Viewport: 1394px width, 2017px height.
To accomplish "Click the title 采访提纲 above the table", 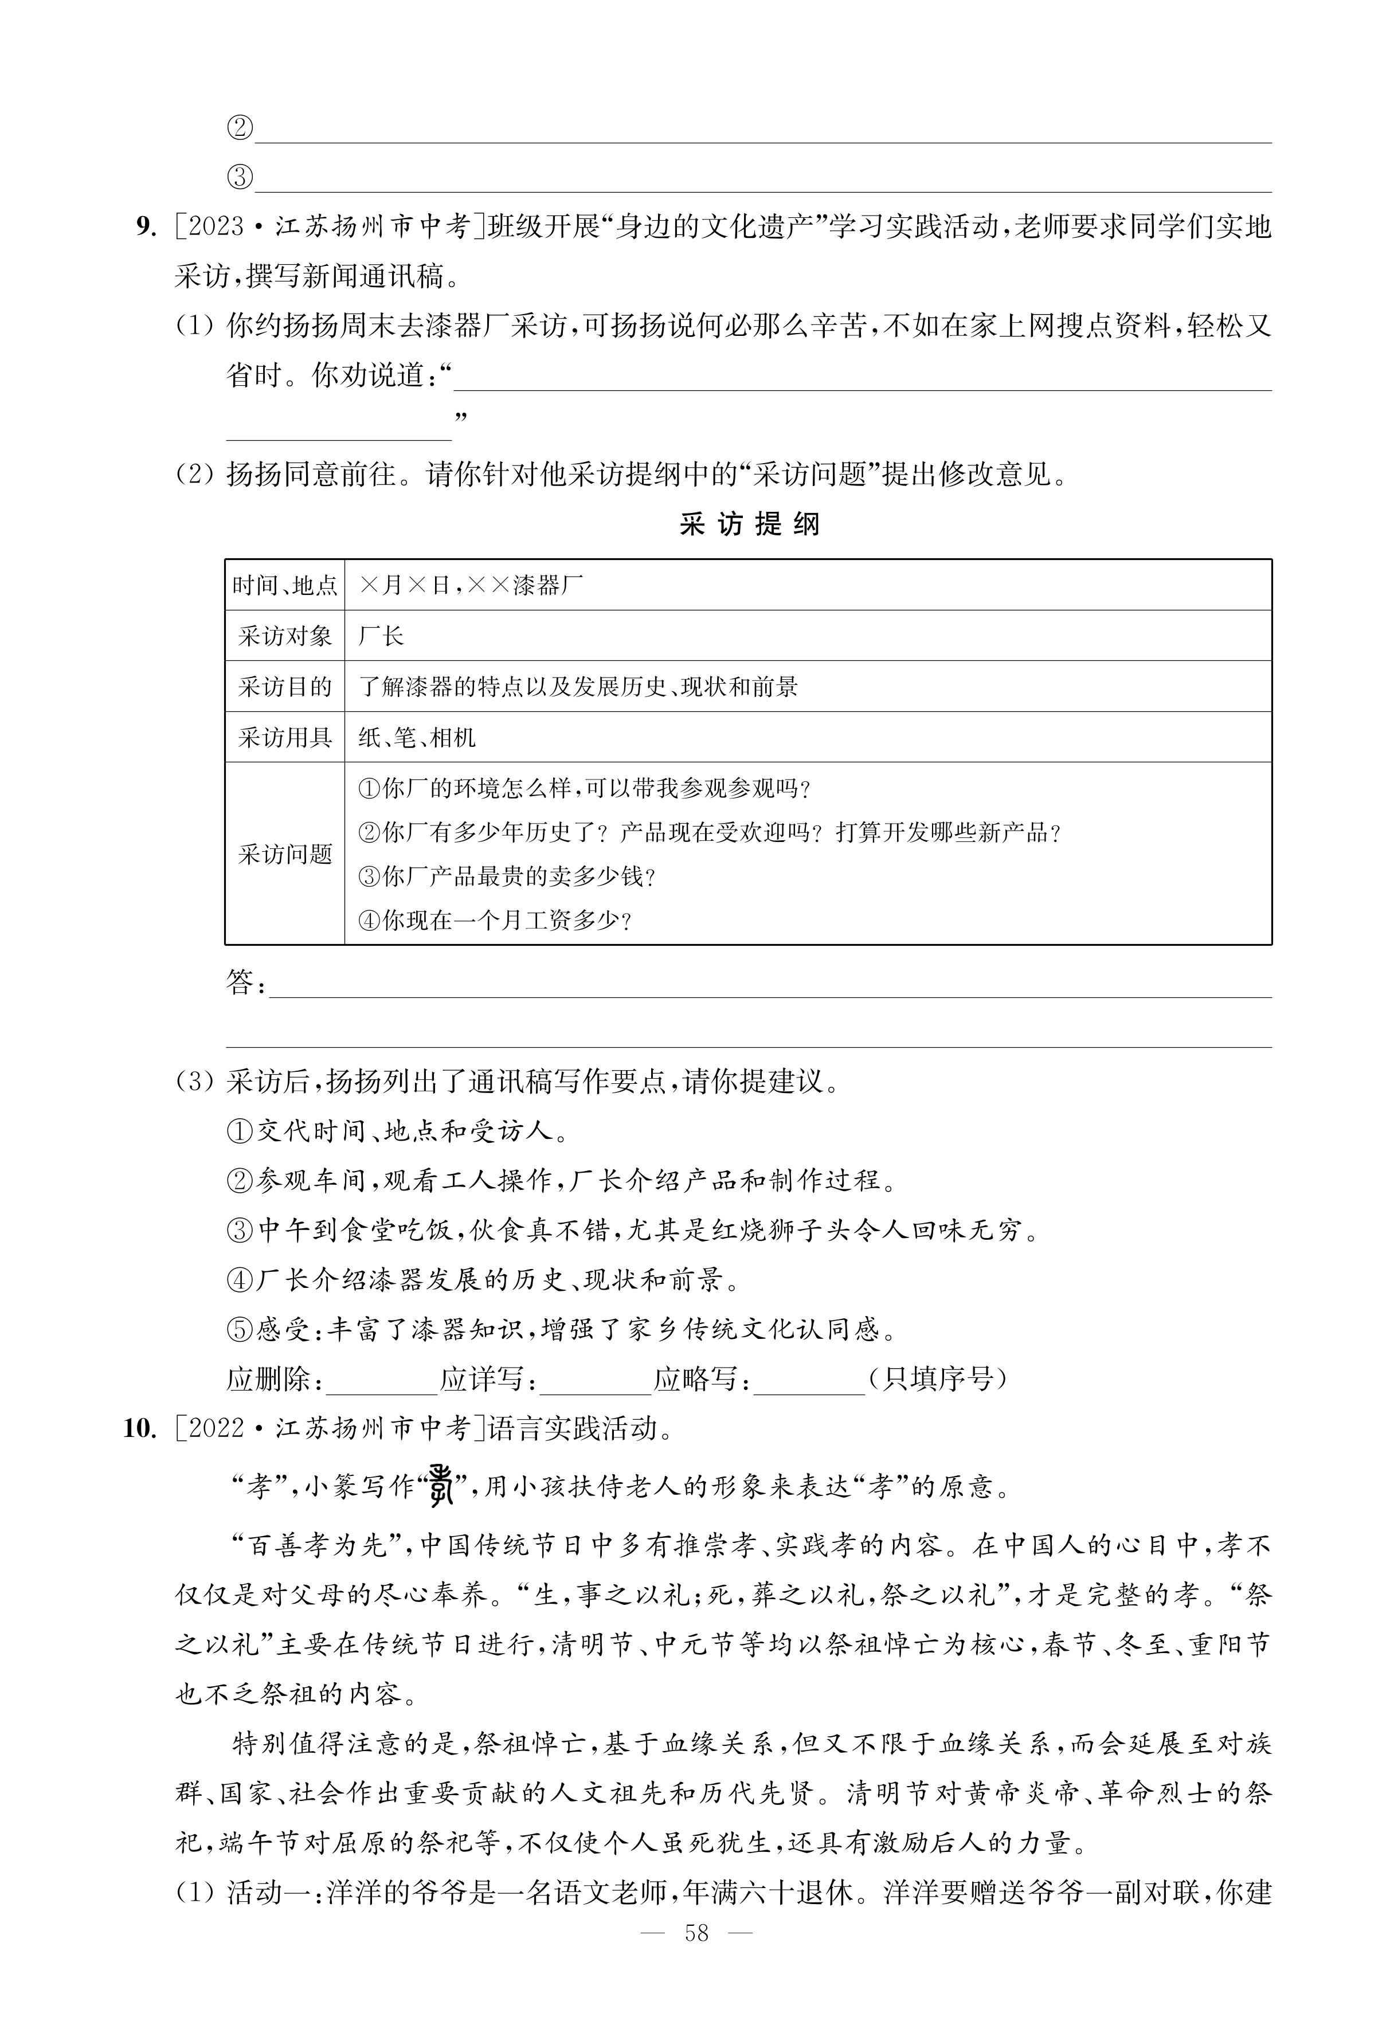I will (x=749, y=525).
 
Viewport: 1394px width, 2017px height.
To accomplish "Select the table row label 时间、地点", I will (x=285, y=585).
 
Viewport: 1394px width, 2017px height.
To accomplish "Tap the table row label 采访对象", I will (x=285, y=636).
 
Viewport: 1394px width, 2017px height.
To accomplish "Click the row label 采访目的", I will (x=285, y=686).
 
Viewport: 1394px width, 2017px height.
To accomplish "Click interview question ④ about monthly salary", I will (x=494, y=921).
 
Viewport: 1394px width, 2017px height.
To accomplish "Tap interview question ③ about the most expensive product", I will (x=507, y=876).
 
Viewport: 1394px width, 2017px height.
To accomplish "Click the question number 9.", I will (x=145, y=227).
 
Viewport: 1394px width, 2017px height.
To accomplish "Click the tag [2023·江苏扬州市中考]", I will (x=329, y=227).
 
